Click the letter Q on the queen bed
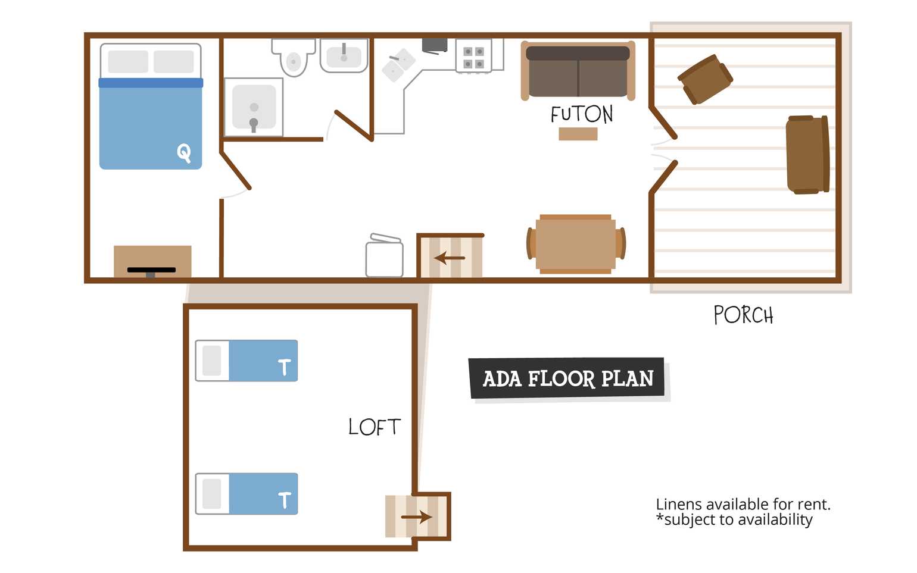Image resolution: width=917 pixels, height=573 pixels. (x=184, y=153)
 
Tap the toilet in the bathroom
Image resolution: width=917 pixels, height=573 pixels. (x=294, y=57)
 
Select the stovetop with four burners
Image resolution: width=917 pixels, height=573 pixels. (x=473, y=56)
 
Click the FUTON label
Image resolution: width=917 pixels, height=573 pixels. (x=582, y=114)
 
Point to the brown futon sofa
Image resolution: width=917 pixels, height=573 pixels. (x=578, y=71)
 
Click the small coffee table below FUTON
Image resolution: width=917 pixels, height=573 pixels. (x=578, y=134)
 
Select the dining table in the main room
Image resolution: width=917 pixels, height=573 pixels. (x=576, y=244)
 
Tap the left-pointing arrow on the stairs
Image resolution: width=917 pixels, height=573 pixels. (x=450, y=258)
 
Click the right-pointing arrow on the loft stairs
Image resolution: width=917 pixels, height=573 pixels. (x=416, y=517)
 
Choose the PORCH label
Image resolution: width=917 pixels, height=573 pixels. (x=743, y=315)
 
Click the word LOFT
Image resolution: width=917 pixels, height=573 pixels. (x=374, y=427)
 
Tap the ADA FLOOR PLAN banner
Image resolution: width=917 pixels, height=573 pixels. (x=567, y=378)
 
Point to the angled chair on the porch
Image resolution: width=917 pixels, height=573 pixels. (x=705, y=79)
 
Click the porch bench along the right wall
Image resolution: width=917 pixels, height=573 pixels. (x=807, y=155)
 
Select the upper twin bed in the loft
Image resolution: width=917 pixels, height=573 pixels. (x=247, y=361)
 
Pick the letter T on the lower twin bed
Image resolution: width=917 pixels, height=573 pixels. (x=285, y=500)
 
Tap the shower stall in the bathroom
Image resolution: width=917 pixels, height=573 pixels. (x=254, y=107)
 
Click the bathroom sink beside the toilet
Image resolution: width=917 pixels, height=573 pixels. (x=344, y=55)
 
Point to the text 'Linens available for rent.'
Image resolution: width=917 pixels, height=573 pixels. (x=743, y=505)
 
